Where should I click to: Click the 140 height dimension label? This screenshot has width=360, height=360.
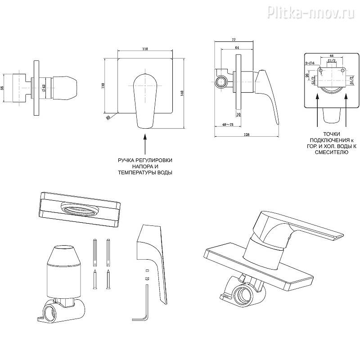(181, 93)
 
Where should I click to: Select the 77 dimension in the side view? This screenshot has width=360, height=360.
(233, 40)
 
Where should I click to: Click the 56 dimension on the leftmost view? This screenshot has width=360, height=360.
(3, 88)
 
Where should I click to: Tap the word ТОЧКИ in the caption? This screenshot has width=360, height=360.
(331, 134)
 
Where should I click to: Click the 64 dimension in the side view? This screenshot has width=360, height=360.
(237, 48)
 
